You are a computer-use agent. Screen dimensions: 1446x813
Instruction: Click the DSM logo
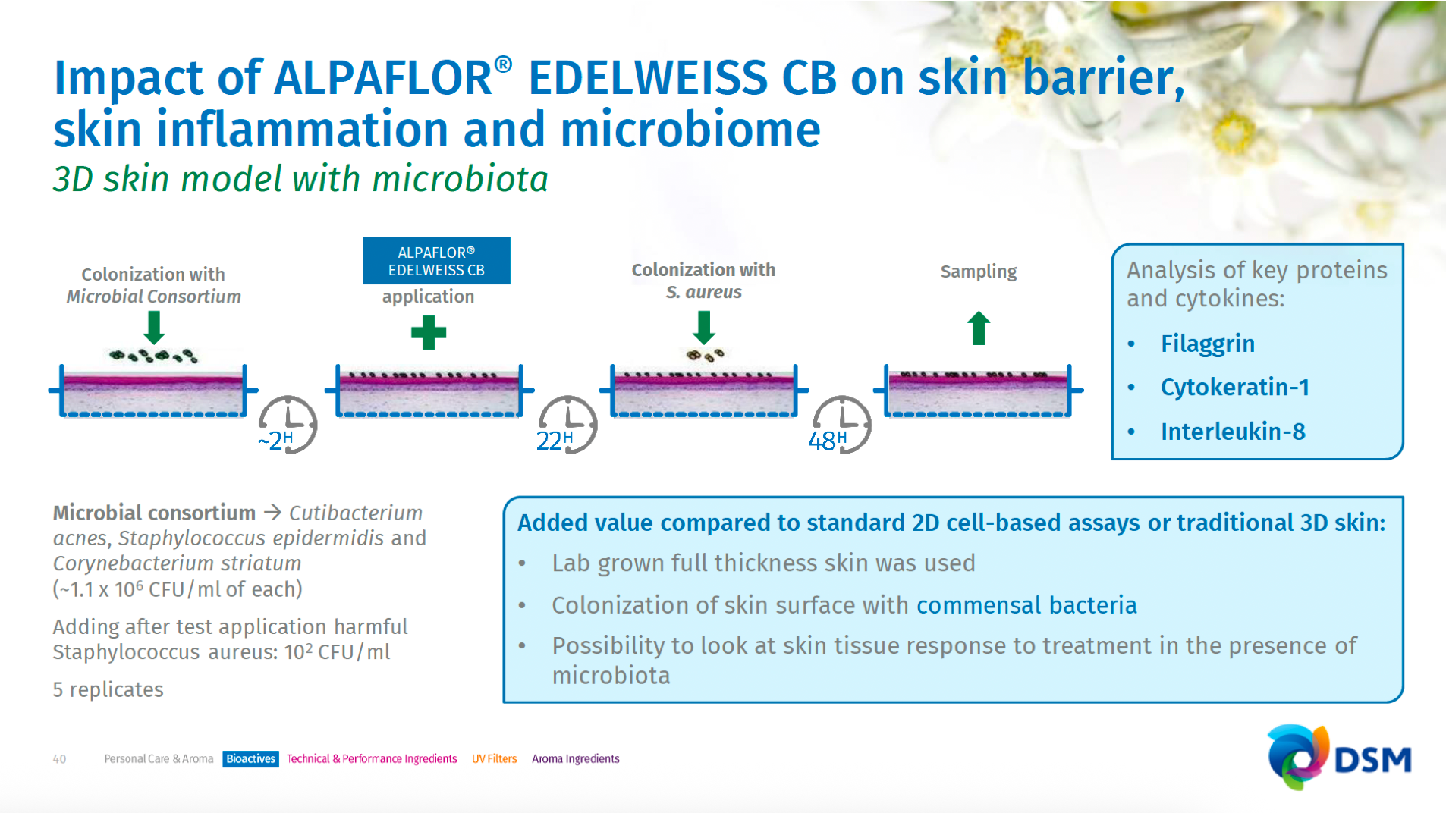point(1339,757)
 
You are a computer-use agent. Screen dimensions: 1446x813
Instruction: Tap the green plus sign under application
point(429,333)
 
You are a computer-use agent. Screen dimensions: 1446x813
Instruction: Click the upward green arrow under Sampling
point(979,328)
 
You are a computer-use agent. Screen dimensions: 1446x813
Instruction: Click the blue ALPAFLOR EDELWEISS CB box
point(436,261)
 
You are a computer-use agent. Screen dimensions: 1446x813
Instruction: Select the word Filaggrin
point(1207,344)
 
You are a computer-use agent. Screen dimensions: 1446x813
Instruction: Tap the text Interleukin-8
point(1233,432)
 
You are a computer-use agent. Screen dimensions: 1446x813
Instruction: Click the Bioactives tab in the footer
point(250,759)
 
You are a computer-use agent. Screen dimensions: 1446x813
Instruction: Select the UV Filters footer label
point(494,759)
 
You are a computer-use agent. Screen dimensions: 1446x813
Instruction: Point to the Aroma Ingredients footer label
point(576,759)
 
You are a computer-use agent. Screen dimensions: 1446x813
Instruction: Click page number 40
point(59,759)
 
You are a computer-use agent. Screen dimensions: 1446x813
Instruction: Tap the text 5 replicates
point(108,689)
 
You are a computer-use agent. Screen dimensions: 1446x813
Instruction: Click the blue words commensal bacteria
point(1026,605)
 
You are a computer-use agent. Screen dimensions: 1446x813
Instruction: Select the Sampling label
point(979,272)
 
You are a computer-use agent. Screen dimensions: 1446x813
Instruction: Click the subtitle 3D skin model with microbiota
point(300,180)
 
